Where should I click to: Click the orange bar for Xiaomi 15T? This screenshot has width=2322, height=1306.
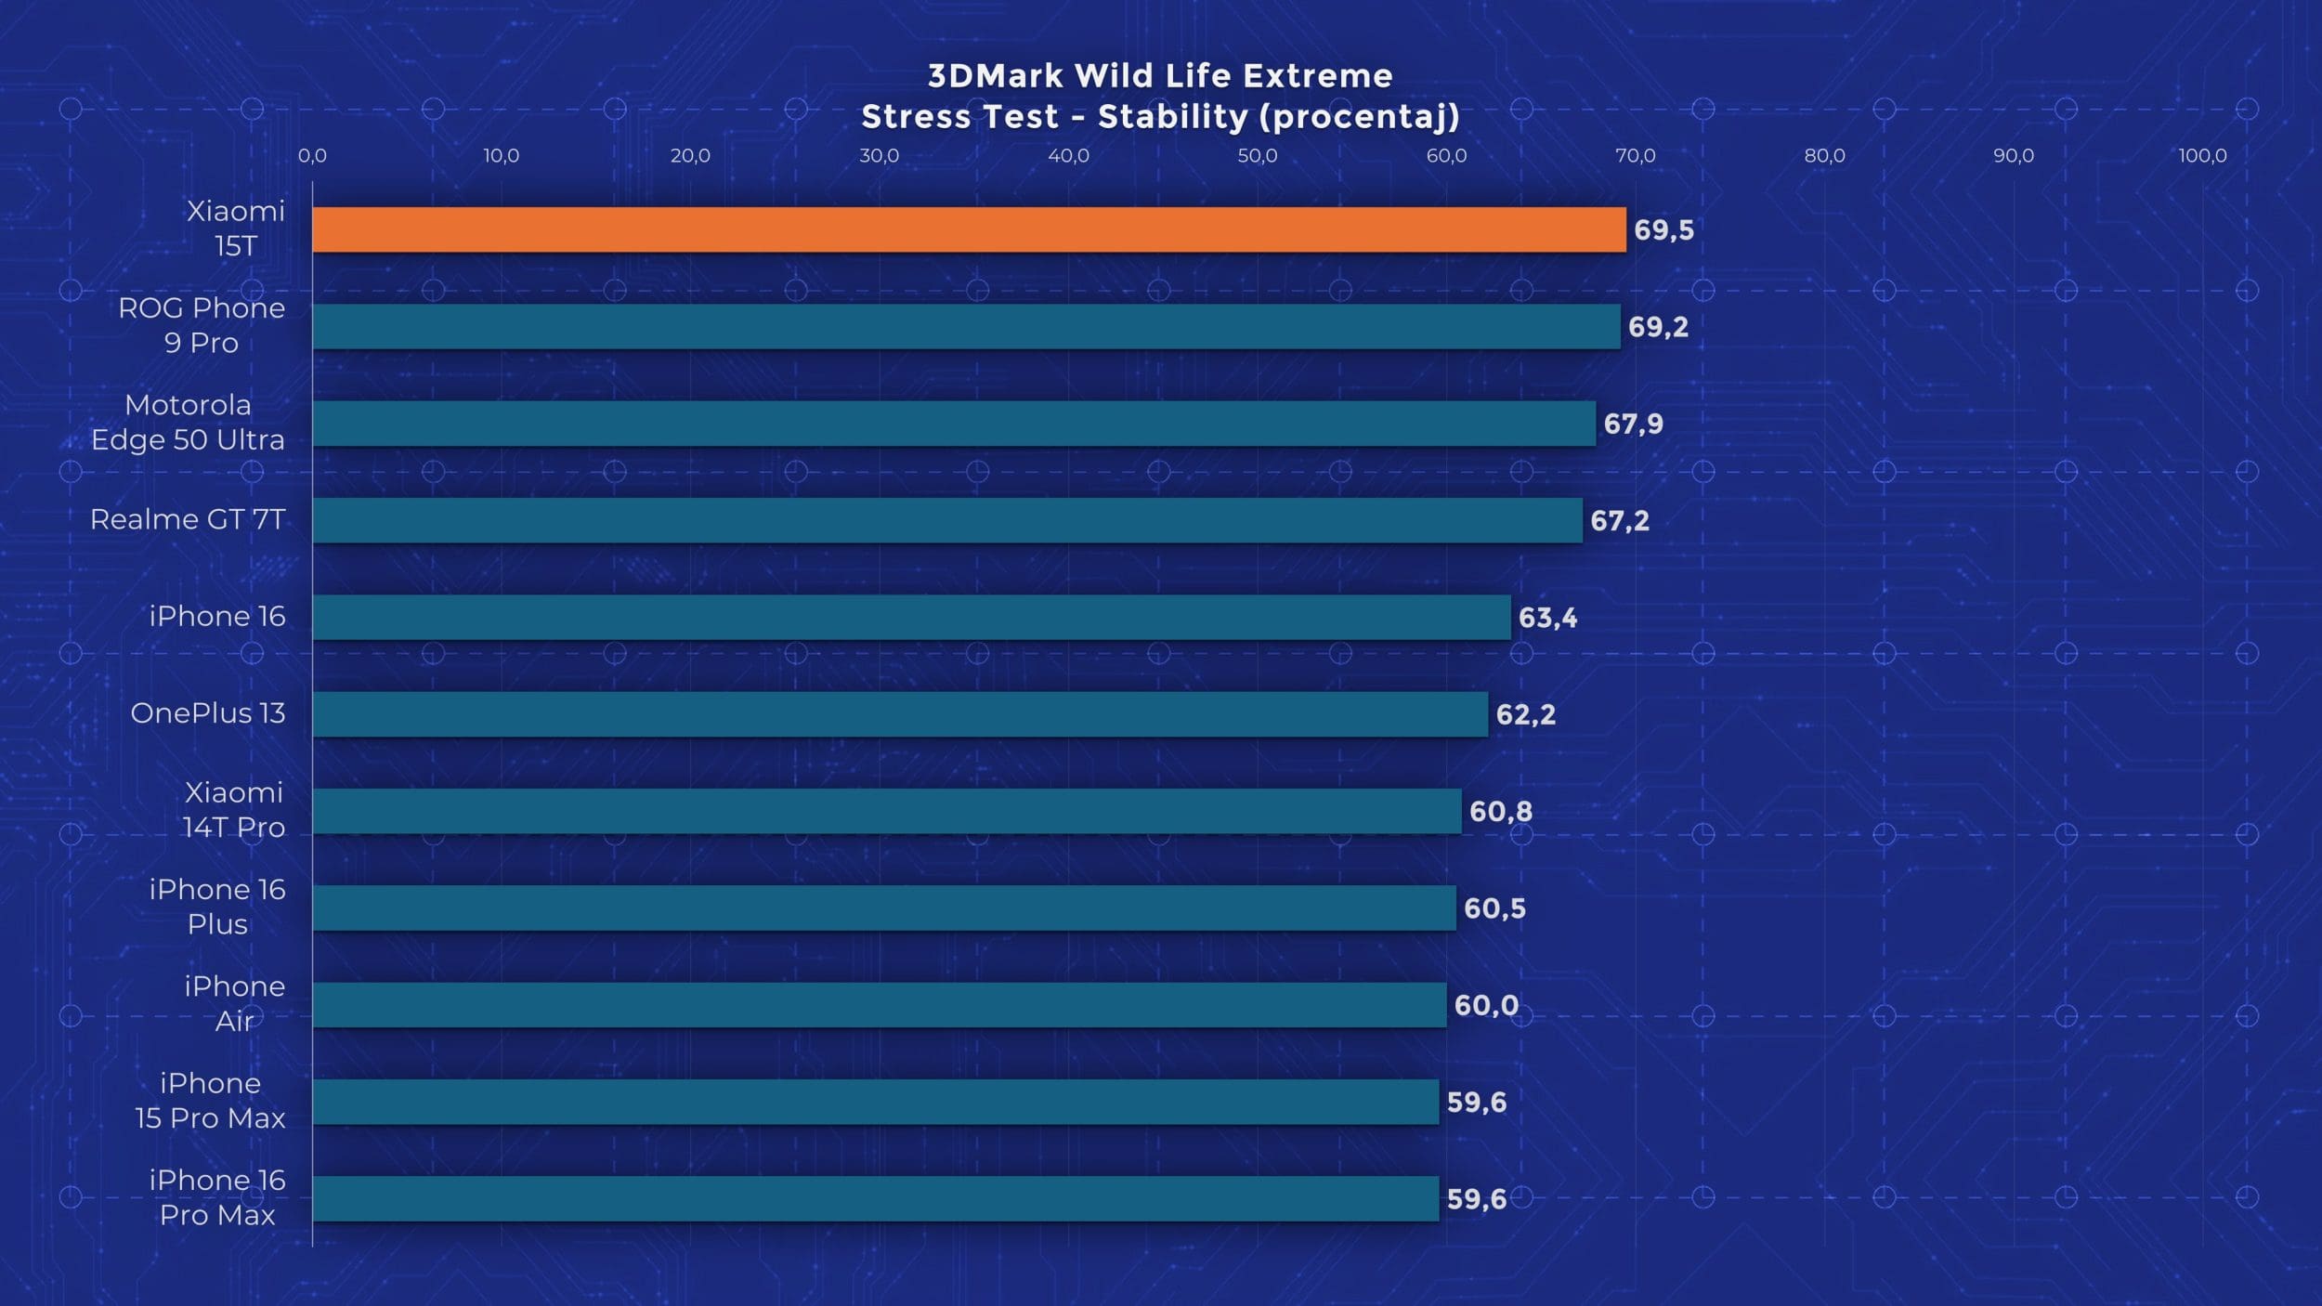click(x=969, y=229)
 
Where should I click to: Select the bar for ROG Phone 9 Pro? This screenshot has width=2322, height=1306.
click(x=966, y=327)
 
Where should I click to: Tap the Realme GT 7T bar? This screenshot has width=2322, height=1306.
click(x=947, y=520)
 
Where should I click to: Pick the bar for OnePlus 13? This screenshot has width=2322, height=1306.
click(x=900, y=714)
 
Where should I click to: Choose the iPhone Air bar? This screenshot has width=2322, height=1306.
click(x=880, y=1005)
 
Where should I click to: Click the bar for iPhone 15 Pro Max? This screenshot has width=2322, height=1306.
click(x=876, y=1102)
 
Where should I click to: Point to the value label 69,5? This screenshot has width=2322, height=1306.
click(x=1663, y=230)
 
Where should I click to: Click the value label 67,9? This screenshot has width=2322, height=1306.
click(x=1633, y=424)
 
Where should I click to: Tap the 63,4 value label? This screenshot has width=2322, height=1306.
click(x=1547, y=618)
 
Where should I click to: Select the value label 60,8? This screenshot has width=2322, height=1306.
click(x=1500, y=812)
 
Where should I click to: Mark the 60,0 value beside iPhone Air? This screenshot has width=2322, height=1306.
click(x=1486, y=1005)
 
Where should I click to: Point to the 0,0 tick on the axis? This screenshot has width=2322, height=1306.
click(x=312, y=156)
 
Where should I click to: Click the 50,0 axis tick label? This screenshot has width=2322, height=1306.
click(x=1257, y=156)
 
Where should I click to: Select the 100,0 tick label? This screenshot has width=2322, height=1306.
click(x=2202, y=156)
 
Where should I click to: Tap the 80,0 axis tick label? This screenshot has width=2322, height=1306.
click(x=1824, y=156)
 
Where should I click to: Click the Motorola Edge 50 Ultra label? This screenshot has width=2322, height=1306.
click(x=188, y=423)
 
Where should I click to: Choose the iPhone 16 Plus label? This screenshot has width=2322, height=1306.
click(x=217, y=907)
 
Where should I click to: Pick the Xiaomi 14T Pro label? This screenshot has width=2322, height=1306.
click(x=233, y=810)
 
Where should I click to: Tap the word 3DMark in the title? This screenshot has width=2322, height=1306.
click(x=995, y=76)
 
